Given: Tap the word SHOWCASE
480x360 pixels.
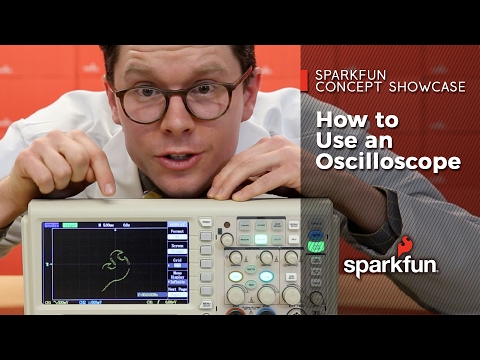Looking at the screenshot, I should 425,88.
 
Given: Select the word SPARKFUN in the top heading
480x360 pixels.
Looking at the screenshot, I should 349,74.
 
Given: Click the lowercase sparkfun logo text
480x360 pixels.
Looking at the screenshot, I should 391,265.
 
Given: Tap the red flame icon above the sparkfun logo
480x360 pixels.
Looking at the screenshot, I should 405,245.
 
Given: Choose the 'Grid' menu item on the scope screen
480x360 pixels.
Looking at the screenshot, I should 177,260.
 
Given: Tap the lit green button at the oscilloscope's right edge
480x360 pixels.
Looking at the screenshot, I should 316,241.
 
